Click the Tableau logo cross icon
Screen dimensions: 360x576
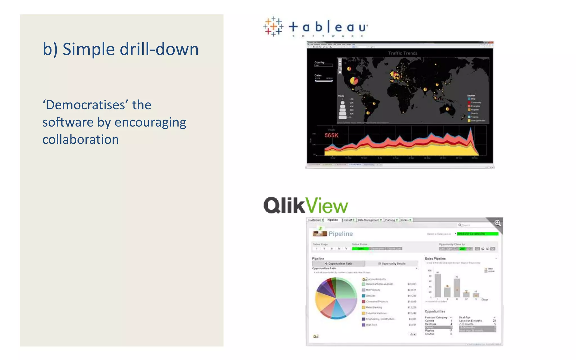273,27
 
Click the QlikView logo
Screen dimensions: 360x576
306,205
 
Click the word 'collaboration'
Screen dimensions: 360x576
81,140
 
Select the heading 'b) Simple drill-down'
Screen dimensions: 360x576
121,49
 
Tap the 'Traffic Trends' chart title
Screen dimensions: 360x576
402,53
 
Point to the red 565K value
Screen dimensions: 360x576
331,136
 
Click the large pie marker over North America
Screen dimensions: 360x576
354,81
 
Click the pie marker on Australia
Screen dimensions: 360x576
447,109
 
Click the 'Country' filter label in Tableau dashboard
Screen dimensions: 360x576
319,62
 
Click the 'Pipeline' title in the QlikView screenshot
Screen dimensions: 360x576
340,234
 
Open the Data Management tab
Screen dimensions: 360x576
369,220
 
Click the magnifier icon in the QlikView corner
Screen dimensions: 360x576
498,223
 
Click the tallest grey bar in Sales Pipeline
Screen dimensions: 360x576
438,285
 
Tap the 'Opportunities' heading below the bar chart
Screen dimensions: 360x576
435,311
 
